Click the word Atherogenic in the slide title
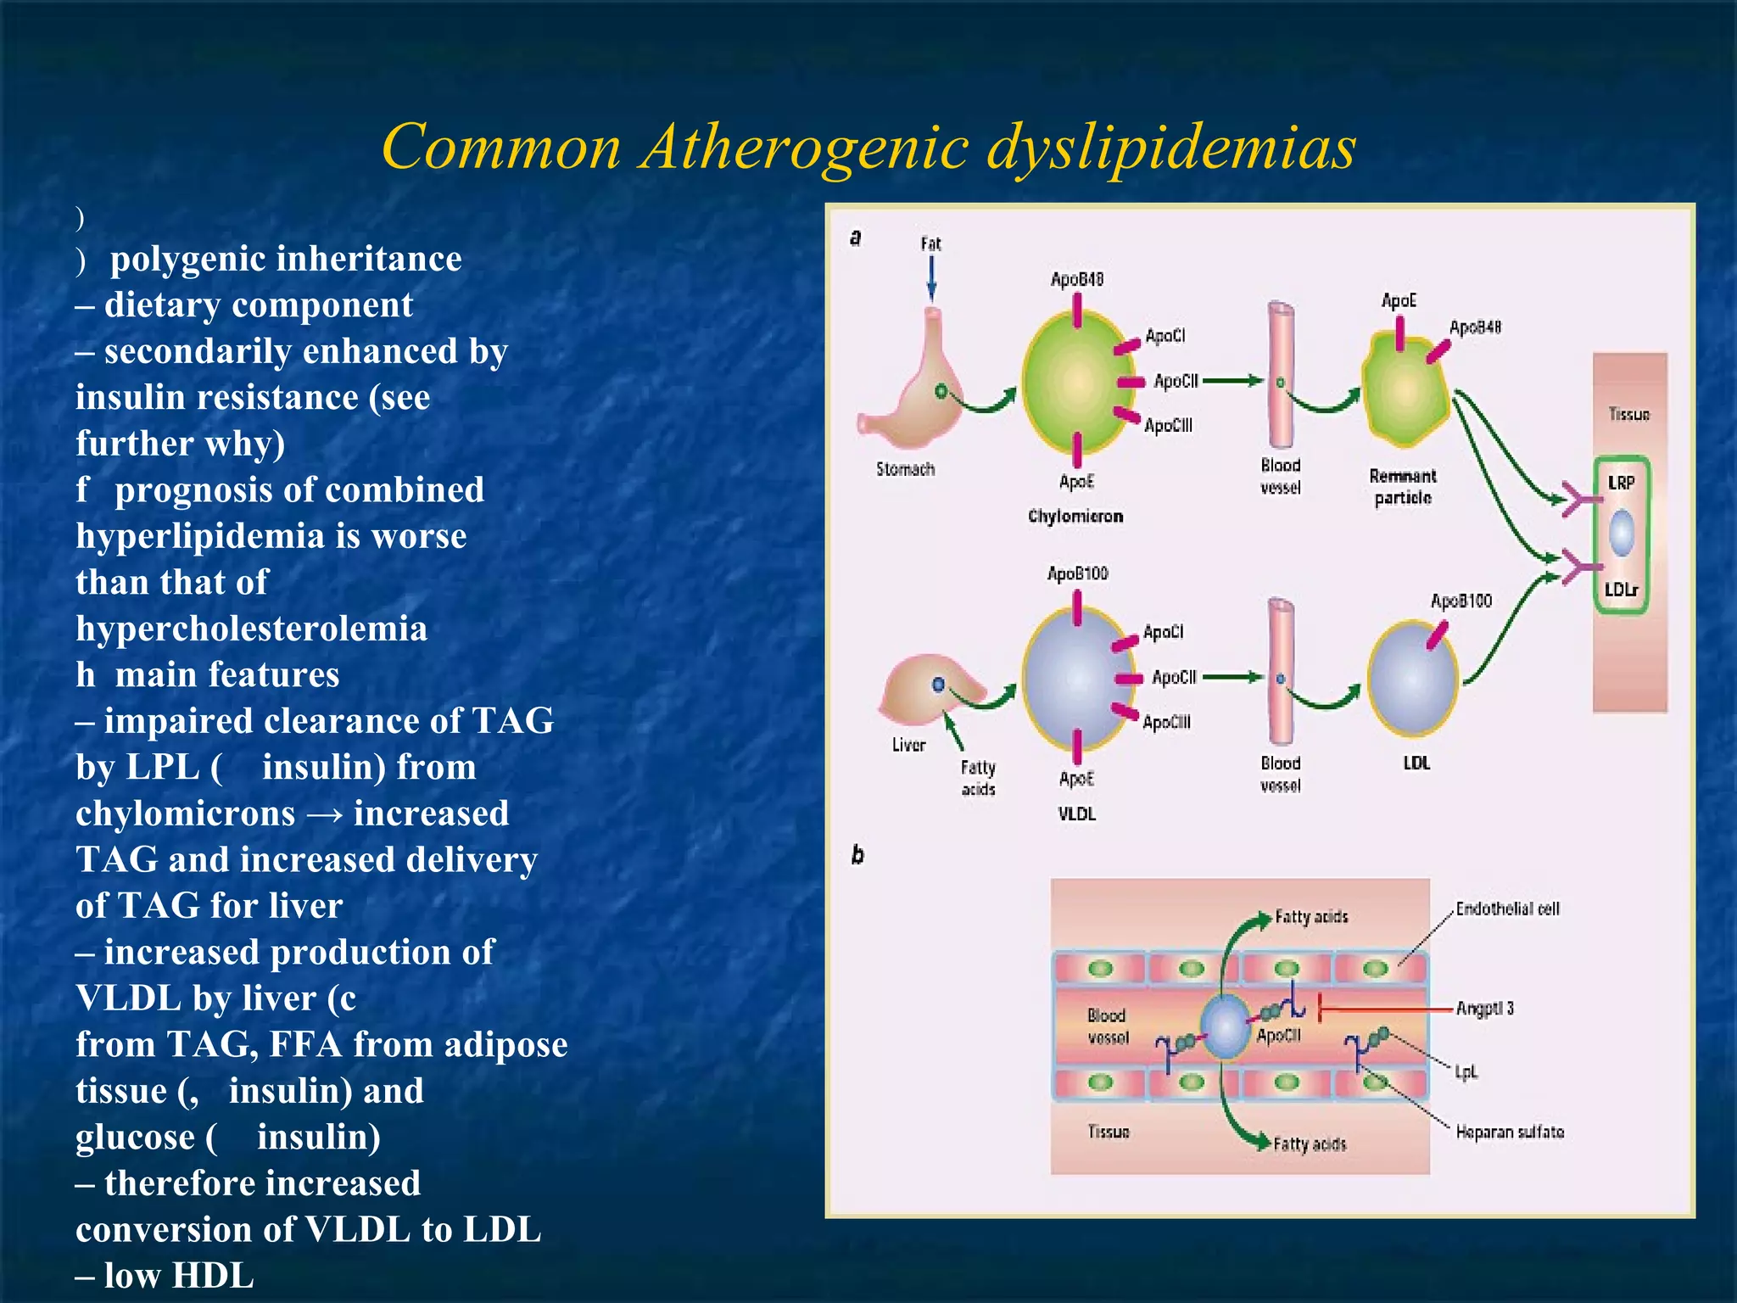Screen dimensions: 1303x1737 point(804,146)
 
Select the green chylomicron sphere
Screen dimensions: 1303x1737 point(1075,382)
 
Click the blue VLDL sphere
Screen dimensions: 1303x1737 point(1074,677)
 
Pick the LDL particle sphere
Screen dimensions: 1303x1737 point(1413,679)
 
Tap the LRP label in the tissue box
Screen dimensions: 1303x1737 point(1621,483)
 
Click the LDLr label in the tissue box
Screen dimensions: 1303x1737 point(1621,589)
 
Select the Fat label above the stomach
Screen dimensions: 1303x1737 point(930,244)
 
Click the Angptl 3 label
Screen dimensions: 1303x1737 point(1484,1008)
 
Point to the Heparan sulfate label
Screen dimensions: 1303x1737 point(1510,1132)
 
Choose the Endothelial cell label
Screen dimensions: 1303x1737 point(1507,909)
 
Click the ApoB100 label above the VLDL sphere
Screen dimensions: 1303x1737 point(1077,573)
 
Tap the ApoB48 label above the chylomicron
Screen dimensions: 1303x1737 point(1076,279)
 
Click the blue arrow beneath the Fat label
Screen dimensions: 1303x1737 point(931,278)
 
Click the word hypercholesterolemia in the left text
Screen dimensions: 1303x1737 point(251,629)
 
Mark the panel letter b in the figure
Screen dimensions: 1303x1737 point(857,854)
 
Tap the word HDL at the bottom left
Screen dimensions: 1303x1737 point(213,1276)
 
